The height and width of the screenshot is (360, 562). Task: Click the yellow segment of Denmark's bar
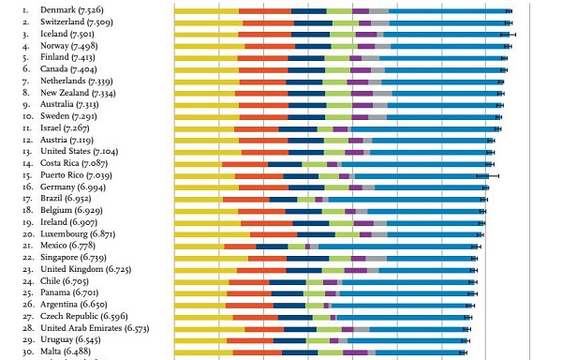pyautogui.click(x=206, y=10)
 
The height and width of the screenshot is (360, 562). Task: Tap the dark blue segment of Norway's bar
pyautogui.click(x=313, y=46)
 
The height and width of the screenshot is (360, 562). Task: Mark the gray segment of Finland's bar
pyautogui.click(x=369, y=57)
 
